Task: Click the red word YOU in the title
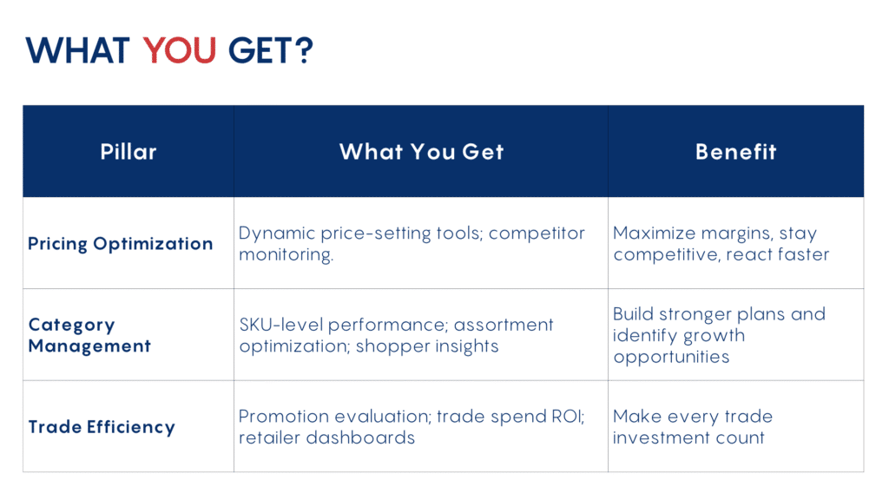[179, 50]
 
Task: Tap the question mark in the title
[304, 50]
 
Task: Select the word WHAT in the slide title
[77, 50]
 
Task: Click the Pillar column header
[128, 152]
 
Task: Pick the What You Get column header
[421, 152]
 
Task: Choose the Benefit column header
[736, 152]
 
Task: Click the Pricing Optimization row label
[120, 244]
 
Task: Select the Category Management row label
[89, 335]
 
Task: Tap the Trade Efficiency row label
[102, 427]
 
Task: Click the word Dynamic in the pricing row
[277, 233]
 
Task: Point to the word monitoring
[286, 254]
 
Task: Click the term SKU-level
[281, 325]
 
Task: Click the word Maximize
[654, 233]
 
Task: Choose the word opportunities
[671, 357]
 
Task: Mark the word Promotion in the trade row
[284, 417]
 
